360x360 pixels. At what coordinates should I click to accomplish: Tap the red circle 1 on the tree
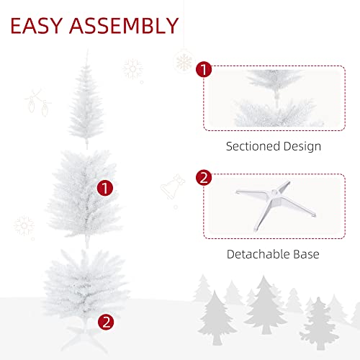pyautogui.click(x=107, y=189)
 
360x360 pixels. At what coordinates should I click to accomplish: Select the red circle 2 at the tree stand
pyautogui.click(x=107, y=322)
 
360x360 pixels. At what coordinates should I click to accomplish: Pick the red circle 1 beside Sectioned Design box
pyautogui.click(x=204, y=70)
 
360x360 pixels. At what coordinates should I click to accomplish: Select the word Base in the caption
pyautogui.click(x=305, y=254)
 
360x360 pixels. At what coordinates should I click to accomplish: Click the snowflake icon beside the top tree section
pyautogui.click(x=132, y=69)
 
